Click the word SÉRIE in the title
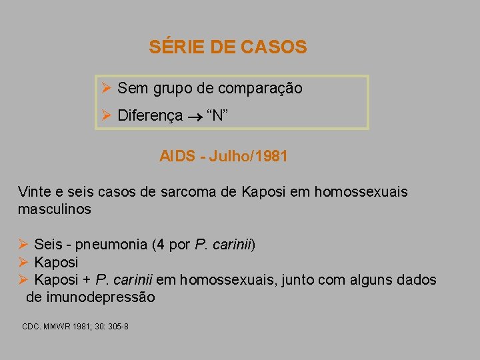pyautogui.click(x=170, y=47)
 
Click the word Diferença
pyautogui.click(x=150, y=115)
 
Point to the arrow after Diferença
pyautogui.click(x=195, y=116)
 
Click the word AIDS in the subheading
pyautogui.click(x=176, y=157)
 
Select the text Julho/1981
pyautogui.click(x=248, y=157)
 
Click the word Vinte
pyautogui.click(x=33, y=192)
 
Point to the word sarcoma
pyautogui.click(x=183, y=192)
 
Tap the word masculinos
pyautogui.click(x=54, y=209)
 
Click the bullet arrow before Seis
pyautogui.click(x=23, y=245)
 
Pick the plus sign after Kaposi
pyautogui.click(x=87, y=280)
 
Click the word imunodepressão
pyautogui.click(x=90, y=297)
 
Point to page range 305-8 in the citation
pyautogui.click(x=117, y=327)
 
